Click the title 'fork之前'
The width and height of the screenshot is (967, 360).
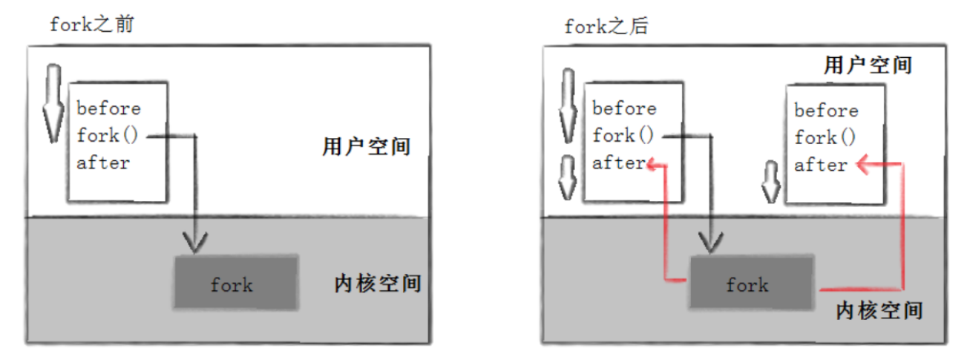91,24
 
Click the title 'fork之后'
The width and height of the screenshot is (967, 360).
606,27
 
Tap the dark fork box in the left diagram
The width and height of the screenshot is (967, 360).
236,283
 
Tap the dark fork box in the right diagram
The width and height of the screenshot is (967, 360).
752,283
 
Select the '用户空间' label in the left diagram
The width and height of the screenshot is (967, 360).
367,146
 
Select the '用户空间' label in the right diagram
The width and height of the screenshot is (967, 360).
868,65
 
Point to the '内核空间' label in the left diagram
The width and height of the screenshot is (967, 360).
378,284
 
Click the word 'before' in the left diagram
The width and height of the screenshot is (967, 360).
108,108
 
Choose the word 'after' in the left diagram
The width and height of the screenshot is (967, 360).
102,163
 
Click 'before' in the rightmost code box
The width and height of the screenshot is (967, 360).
826,111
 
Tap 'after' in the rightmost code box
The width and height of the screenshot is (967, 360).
820,166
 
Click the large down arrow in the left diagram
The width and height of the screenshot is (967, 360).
51,104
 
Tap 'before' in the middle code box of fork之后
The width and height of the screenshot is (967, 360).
624,108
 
